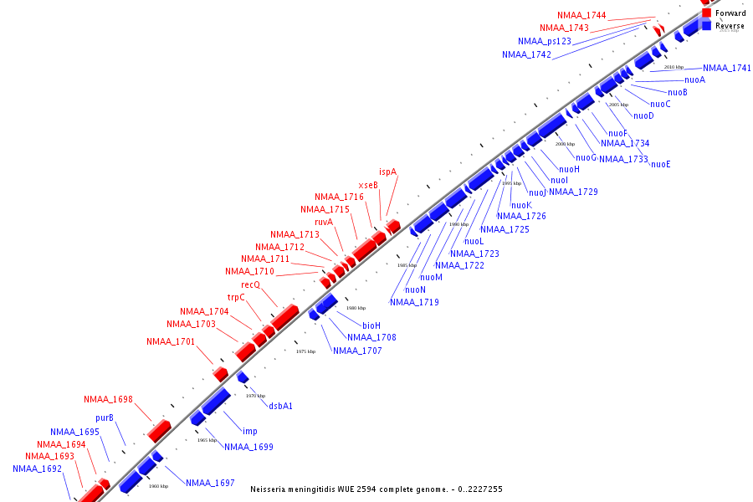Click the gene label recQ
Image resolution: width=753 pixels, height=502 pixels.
coord(250,284)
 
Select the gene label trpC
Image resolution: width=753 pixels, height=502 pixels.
coord(236,297)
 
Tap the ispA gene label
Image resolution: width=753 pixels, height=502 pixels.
coord(387,172)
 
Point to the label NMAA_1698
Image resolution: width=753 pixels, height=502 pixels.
coord(108,399)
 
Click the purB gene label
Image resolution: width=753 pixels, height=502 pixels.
coord(105,417)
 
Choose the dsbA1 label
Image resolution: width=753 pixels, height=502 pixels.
coord(280,406)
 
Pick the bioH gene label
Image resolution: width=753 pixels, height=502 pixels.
coord(371,325)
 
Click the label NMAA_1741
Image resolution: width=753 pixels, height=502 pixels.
coord(727,68)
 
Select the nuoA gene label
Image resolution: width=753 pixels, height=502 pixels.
coord(694,79)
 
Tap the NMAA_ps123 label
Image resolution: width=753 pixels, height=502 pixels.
coord(545,41)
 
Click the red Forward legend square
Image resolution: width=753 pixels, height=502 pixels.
coord(707,13)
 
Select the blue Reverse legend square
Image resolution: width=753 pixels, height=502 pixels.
coord(707,26)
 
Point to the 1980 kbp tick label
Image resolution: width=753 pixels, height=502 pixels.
coord(356,308)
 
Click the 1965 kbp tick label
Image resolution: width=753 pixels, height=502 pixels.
coord(207,439)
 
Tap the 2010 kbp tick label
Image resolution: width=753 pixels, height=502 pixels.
coord(674,67)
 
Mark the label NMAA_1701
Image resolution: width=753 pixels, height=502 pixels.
coord(171,341)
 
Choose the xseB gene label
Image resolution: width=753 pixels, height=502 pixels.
coord(368,185)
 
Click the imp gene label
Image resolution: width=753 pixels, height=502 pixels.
coord(249,431)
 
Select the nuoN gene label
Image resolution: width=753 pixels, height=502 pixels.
coord(416,289)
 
